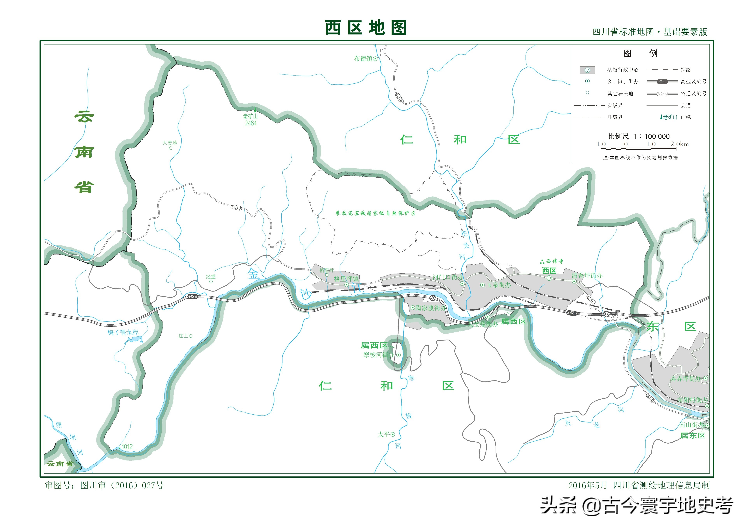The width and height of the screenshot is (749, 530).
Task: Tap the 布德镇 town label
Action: point(363,58)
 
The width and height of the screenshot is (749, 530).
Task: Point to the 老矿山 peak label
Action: point(250,116)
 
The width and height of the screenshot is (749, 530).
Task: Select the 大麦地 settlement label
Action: point(170,143)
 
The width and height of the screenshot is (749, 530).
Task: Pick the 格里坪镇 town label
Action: point(346,279)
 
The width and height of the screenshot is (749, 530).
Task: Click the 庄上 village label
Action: point(183,336)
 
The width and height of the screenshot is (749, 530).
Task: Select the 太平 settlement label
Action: point(384,434)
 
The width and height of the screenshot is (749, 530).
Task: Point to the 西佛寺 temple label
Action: point(554,261)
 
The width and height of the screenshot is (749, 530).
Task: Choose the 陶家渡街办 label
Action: point(430,308)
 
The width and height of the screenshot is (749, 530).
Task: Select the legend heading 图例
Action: point(640,53)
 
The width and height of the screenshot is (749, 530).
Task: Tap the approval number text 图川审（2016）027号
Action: point(122,486)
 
